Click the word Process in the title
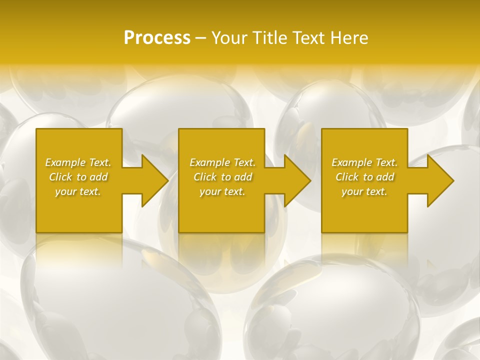(x=157, y=38)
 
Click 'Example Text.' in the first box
(x=78, y=162)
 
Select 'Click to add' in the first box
(x=78, y=177)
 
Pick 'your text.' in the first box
(x=78, y=191)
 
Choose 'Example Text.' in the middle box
(x=222, y=162)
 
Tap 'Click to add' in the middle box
(x=222, y=177)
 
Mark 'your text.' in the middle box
(x=222, y=191)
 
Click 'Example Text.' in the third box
(x=364, y=162)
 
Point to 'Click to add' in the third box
(x=364, y=177)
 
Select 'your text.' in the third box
(x=364, y=191)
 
